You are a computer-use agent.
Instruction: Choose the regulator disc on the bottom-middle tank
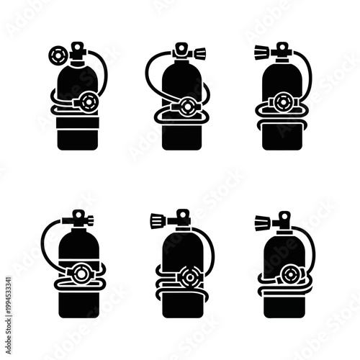click(191, 276)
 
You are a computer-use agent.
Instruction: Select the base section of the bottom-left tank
click(78, 302)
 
